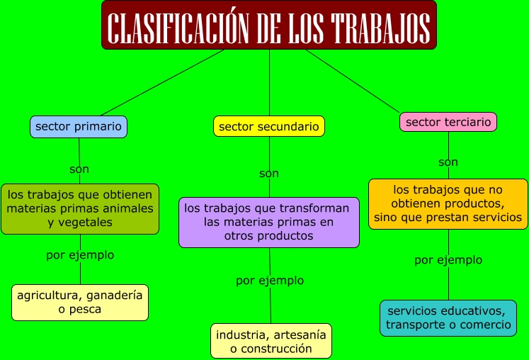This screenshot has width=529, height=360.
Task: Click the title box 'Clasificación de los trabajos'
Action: pyautogui.click(x=268, y=26)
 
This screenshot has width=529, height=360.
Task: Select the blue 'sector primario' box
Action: pyautogui.click(x=79, y=127)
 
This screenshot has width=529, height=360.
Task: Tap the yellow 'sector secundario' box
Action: pyautogui.click(x=269, y=126)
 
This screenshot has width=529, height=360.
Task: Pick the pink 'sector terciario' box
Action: pyautogui.click(x=448, y=122)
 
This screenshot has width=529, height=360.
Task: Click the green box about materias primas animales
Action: pyautogui.click(x=80, y=208)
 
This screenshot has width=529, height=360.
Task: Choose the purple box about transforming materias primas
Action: pyautogui.click(x=268, y=222)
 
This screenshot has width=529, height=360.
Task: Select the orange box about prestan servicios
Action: pyautogui.click(x=448, y=203)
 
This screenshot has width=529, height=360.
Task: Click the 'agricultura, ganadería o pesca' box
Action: pyautogui.click(x=80, y=302)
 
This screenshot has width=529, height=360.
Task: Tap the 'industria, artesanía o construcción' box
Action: pyautogui.click(x=271, y=341)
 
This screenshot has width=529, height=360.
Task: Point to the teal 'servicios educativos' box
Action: pyautogui.click(x=448, y=318)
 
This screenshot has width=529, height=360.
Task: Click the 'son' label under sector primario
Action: pyautogui.click(x=79, y=169)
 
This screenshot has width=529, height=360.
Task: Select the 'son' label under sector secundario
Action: pyautogui.click(x=269, y=173)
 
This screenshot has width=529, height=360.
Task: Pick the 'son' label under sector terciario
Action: pyautogui.click(x=448, y=162)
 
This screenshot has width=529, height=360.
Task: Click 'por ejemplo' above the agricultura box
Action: pyautogui.click(x=80, y=255)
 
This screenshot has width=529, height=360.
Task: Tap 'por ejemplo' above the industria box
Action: pyautogui.click(x=270, y=281)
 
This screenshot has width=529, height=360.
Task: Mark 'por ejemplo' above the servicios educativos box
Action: pyautogui.click(x=448, y=260)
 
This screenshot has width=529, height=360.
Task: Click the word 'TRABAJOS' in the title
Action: pyautogui.click(x=382, y=27)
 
